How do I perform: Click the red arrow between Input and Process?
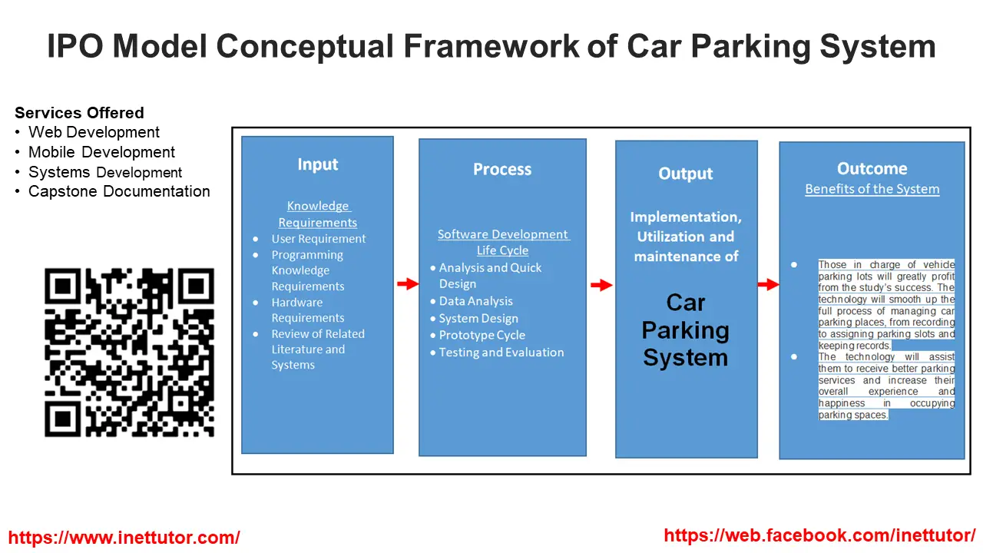[407, 284]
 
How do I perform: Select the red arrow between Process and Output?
[601, 286]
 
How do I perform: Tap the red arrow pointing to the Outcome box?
[768, 285]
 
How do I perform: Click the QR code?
[129, 353]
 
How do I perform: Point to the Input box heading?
[318, 164]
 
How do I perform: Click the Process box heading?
[502, 170]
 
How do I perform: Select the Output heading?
[686, 174]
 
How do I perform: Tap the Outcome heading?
[872, 169]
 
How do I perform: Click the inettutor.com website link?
[124, 538]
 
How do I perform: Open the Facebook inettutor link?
[819, 535]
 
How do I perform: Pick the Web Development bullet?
[94, 132]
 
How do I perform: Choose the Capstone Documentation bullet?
[119, 191]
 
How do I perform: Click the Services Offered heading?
[79, 113]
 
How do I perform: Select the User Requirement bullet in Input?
[318, 239]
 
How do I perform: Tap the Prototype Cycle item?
[482, 335]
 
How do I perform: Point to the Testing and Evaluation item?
[501, 353]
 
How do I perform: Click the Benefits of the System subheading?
[872, 189]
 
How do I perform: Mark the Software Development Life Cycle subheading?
[503, 242]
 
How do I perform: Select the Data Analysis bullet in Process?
[475, 301]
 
